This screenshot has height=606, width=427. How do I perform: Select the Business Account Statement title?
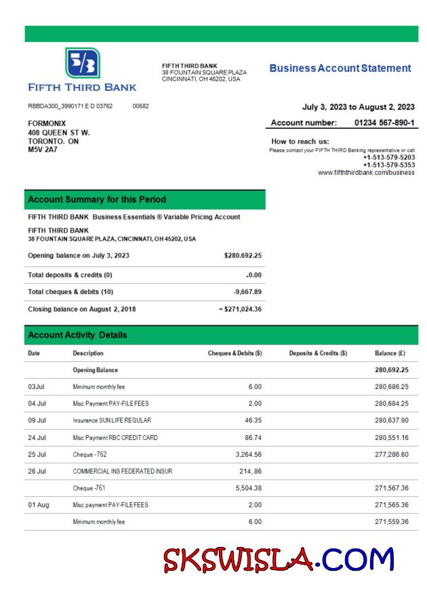pyautogui.click(x=340, y=68)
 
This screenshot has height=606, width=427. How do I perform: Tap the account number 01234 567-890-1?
pyautogui.click(x=384, y=123)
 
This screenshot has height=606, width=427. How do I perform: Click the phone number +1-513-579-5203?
pyautogui.click(x=389, y=157)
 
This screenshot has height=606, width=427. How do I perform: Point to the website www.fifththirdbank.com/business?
pyautogui.click(x=366, y=172)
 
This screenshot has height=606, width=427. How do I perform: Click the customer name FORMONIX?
pyautogui.click(x=47, y=123)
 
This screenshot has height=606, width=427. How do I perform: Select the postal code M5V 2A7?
pyautogui.click(x=42, y=150)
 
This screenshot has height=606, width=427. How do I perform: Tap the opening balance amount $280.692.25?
pyautogui.click(x=243, y=256)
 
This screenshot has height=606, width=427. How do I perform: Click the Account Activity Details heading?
pyautogui.click(x=79, y=336)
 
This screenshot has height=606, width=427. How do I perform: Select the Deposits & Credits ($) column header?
pyautogui.click(x=318, y=353)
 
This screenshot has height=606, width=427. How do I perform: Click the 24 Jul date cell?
pyautogui.click(x=37, y=438)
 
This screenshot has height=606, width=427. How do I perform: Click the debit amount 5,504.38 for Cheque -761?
pyautogui.click(x=242, y=488)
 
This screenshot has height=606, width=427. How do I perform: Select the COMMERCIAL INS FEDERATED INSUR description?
pyautogui.click(x=123, y=472)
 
